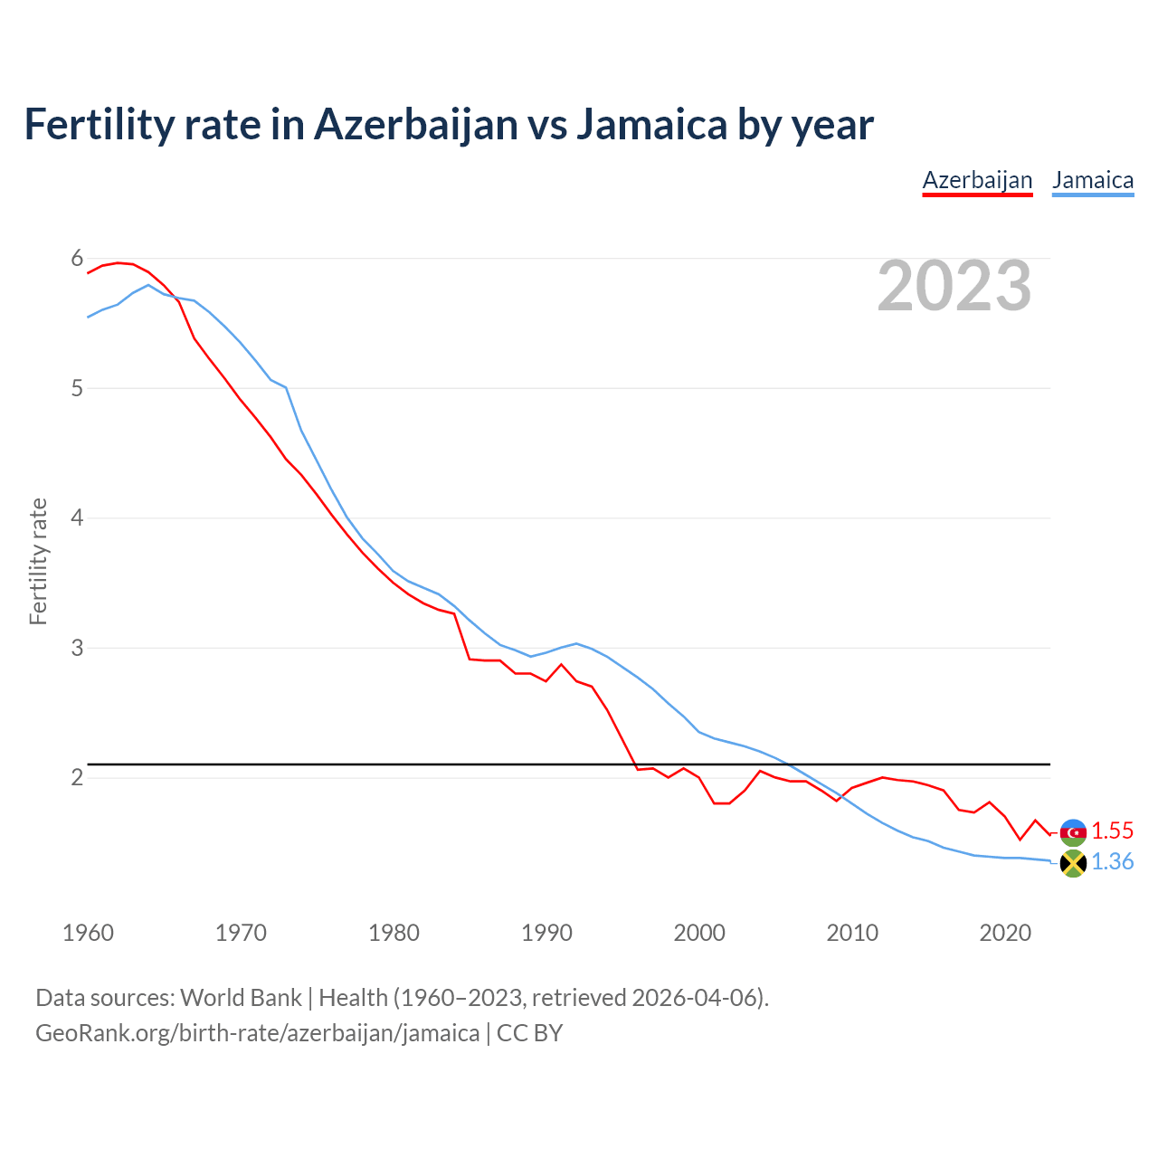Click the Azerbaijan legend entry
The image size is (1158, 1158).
pos(977,180)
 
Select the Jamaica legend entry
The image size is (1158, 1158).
pos(1093,180)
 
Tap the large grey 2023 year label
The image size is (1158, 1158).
pos(954,286)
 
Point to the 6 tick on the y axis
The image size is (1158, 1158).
pos(77,259)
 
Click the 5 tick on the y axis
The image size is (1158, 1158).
pos(77,389)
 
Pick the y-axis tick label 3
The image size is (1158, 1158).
pos(77,649)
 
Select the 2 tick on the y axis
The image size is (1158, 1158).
pos(77,778)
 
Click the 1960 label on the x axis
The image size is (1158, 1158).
pos(88,933)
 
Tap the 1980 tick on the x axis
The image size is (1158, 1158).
pos(394,933)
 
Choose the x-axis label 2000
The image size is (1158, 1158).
pos(699,933)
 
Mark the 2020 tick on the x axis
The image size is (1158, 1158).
pos(1005,933)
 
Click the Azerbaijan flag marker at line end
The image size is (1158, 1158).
pos(1073,831)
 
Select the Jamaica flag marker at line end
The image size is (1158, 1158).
pos(1073,863)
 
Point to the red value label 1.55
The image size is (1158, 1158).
pos(1112,831)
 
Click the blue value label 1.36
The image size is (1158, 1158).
pos(1112,862)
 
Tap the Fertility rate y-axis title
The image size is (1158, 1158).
pos(38,561)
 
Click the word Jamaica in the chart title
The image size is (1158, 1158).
pos(651,125)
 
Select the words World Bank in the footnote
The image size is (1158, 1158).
pos(241,998)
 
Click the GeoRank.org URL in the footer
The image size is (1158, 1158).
pos(257,1033)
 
